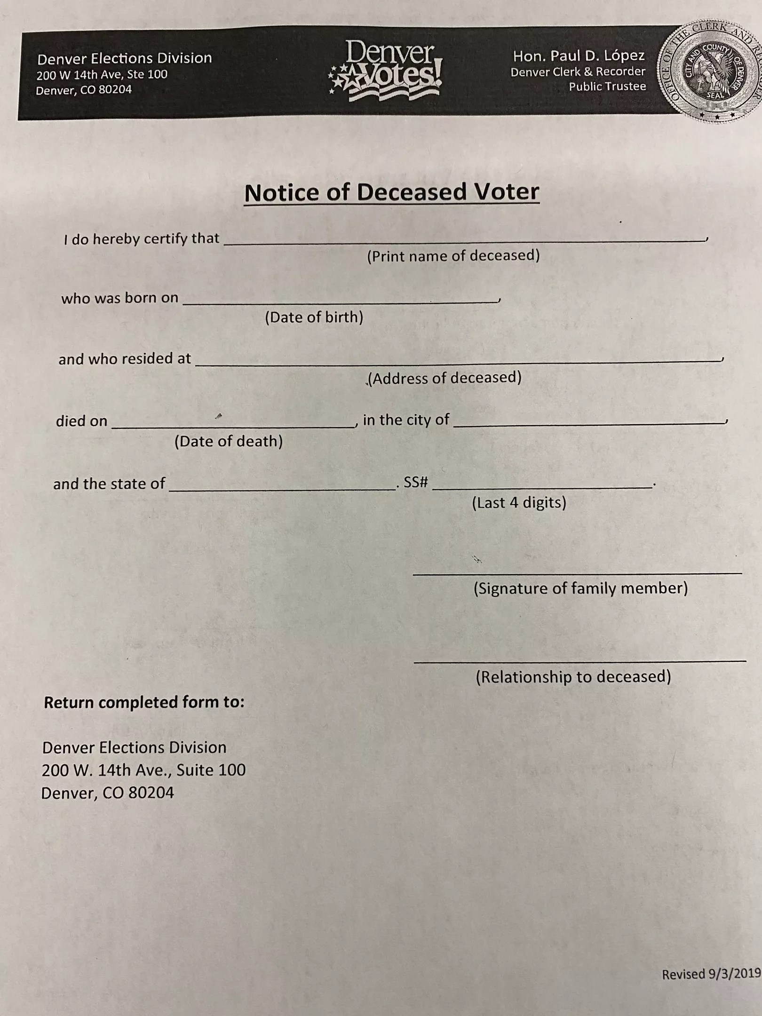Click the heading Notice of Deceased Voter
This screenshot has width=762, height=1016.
391,192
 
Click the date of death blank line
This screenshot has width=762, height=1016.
232,423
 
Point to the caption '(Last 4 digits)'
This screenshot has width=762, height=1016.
519,503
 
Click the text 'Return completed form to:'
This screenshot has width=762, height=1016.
144,702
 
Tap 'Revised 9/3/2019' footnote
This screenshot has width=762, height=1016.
711,974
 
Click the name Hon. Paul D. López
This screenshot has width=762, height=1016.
579,56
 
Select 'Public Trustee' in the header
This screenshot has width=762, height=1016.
607,87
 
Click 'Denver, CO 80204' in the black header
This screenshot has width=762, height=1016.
84,90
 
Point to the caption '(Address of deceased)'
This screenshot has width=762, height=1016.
444,378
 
